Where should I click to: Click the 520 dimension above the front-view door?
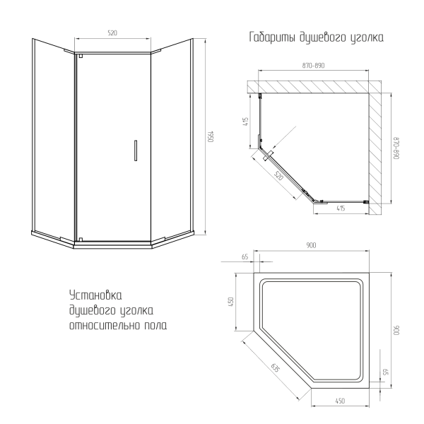click(112, 33)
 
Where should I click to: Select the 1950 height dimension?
click(211, 137)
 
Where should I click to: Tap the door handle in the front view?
click(136, 151)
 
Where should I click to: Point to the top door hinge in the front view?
click(81, 56)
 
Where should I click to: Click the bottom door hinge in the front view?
click(81, 240)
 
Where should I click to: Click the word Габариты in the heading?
click(272, 37)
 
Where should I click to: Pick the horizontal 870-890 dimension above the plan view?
click(313, 66)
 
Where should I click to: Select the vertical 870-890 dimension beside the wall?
click(396, 148)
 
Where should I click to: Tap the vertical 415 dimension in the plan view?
click(245, 122)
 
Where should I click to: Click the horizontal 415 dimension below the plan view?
click(341, 208)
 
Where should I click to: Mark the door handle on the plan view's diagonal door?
click(269, 155)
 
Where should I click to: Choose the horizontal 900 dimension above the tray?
click(311, 245)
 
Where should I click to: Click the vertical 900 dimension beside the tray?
click(396, 331)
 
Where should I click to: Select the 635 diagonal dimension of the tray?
click(275, 367)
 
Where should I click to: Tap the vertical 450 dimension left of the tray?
click(230, 302)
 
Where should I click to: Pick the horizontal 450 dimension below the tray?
click(340, 401)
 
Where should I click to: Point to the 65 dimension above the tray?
click(245, 257)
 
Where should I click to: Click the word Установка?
click(95, 295)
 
